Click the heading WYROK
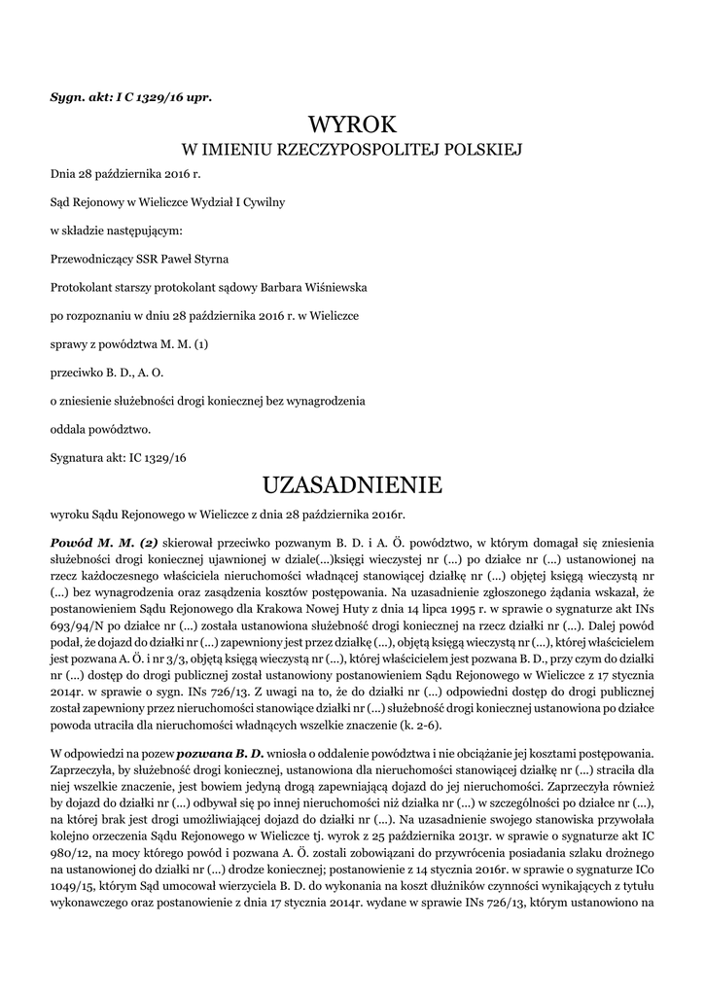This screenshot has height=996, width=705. tap(352, 125)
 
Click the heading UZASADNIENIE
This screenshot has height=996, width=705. tap(352, 484)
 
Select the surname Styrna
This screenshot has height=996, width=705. tap(211, 260)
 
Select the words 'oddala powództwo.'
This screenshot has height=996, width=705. tap(100, 427)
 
